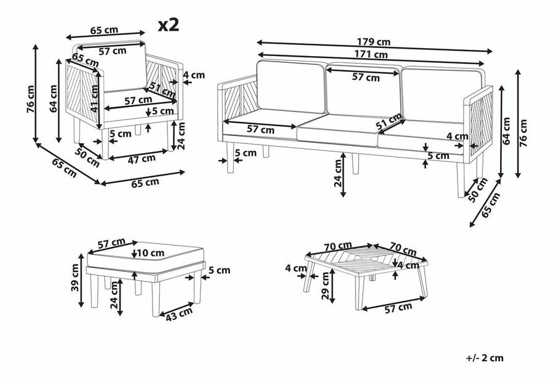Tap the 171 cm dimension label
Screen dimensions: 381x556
(x=371, y=54)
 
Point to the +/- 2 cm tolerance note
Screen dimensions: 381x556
(x=486, y=358)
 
